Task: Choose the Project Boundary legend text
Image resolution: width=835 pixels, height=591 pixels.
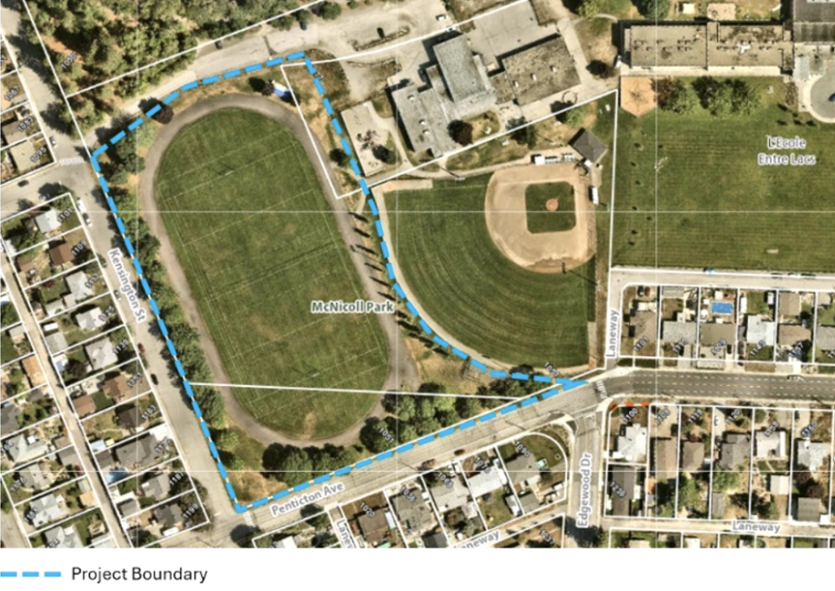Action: point(139,574)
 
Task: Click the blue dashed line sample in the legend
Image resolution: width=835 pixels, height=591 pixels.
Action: point(30,574)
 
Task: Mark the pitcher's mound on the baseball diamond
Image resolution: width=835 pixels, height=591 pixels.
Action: point(551,204)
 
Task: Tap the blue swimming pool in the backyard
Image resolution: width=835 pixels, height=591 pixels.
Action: point(721,307)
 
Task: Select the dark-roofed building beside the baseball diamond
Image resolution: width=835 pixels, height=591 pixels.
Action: point(589,145)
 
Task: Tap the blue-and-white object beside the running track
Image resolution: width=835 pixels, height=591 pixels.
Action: point(277,89)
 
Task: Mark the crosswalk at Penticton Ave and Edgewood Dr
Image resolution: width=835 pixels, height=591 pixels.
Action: point(601,388)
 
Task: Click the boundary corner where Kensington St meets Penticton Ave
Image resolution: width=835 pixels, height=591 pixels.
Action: point(238,508)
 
